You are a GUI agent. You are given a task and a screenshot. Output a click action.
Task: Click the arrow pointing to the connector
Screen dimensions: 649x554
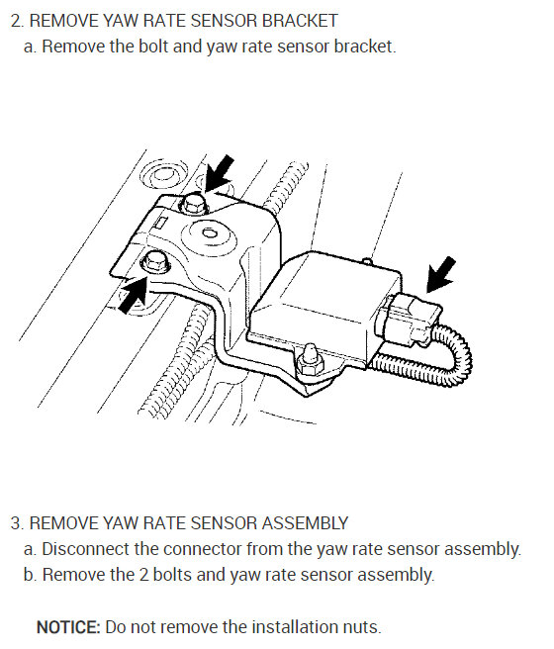(441, 273)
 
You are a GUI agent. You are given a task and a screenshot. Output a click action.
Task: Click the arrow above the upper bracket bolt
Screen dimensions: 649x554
(220, 171)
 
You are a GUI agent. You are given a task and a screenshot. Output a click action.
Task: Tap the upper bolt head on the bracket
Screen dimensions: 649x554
(194, 205)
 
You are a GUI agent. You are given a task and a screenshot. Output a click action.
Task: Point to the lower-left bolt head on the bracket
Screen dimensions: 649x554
(155, 263)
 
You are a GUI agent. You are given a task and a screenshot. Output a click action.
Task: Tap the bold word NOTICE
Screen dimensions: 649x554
(68, 626)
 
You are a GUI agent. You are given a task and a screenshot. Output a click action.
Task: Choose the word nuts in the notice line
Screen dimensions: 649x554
(361, 626)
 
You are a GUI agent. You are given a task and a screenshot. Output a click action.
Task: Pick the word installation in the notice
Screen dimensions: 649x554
(287, 626)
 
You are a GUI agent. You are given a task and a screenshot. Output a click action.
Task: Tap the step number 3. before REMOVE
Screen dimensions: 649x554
(16, 521)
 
